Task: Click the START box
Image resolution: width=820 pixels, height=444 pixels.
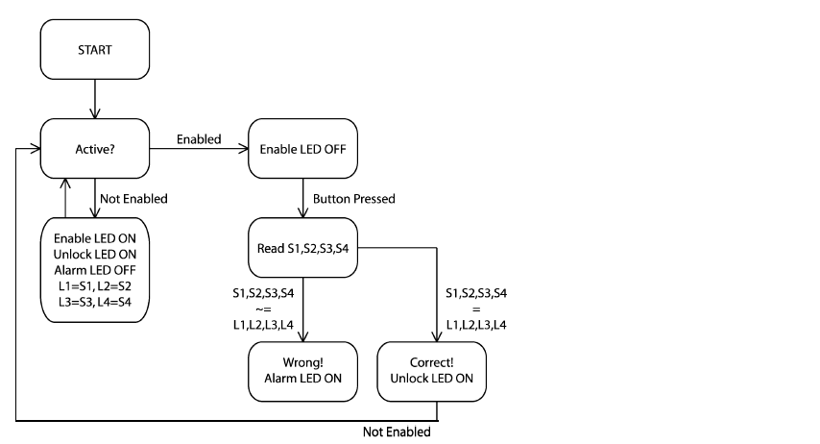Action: pyautogui.click(x=95, y=49)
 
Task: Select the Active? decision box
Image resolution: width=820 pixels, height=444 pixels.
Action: pyautogui.click(x=95, y=149)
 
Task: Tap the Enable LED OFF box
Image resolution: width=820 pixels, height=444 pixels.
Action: pyautogui.click(x=302, y=149)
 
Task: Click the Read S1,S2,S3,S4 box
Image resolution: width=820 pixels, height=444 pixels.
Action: pyautogui.click(x=302, y=248)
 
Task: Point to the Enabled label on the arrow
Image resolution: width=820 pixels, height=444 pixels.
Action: pyautogui.click(x=199, y=139)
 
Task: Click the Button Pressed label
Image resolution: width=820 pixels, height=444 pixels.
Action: pyautogui.click(x=354, y=199)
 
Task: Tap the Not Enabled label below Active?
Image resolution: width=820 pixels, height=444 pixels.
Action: pyautogui.click(x=133, y=199)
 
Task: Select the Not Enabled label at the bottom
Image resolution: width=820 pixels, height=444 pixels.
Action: pyautogui.click(x=397, y=432)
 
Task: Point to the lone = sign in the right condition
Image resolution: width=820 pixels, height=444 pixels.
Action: pyautogui.click(x=476, y=308)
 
